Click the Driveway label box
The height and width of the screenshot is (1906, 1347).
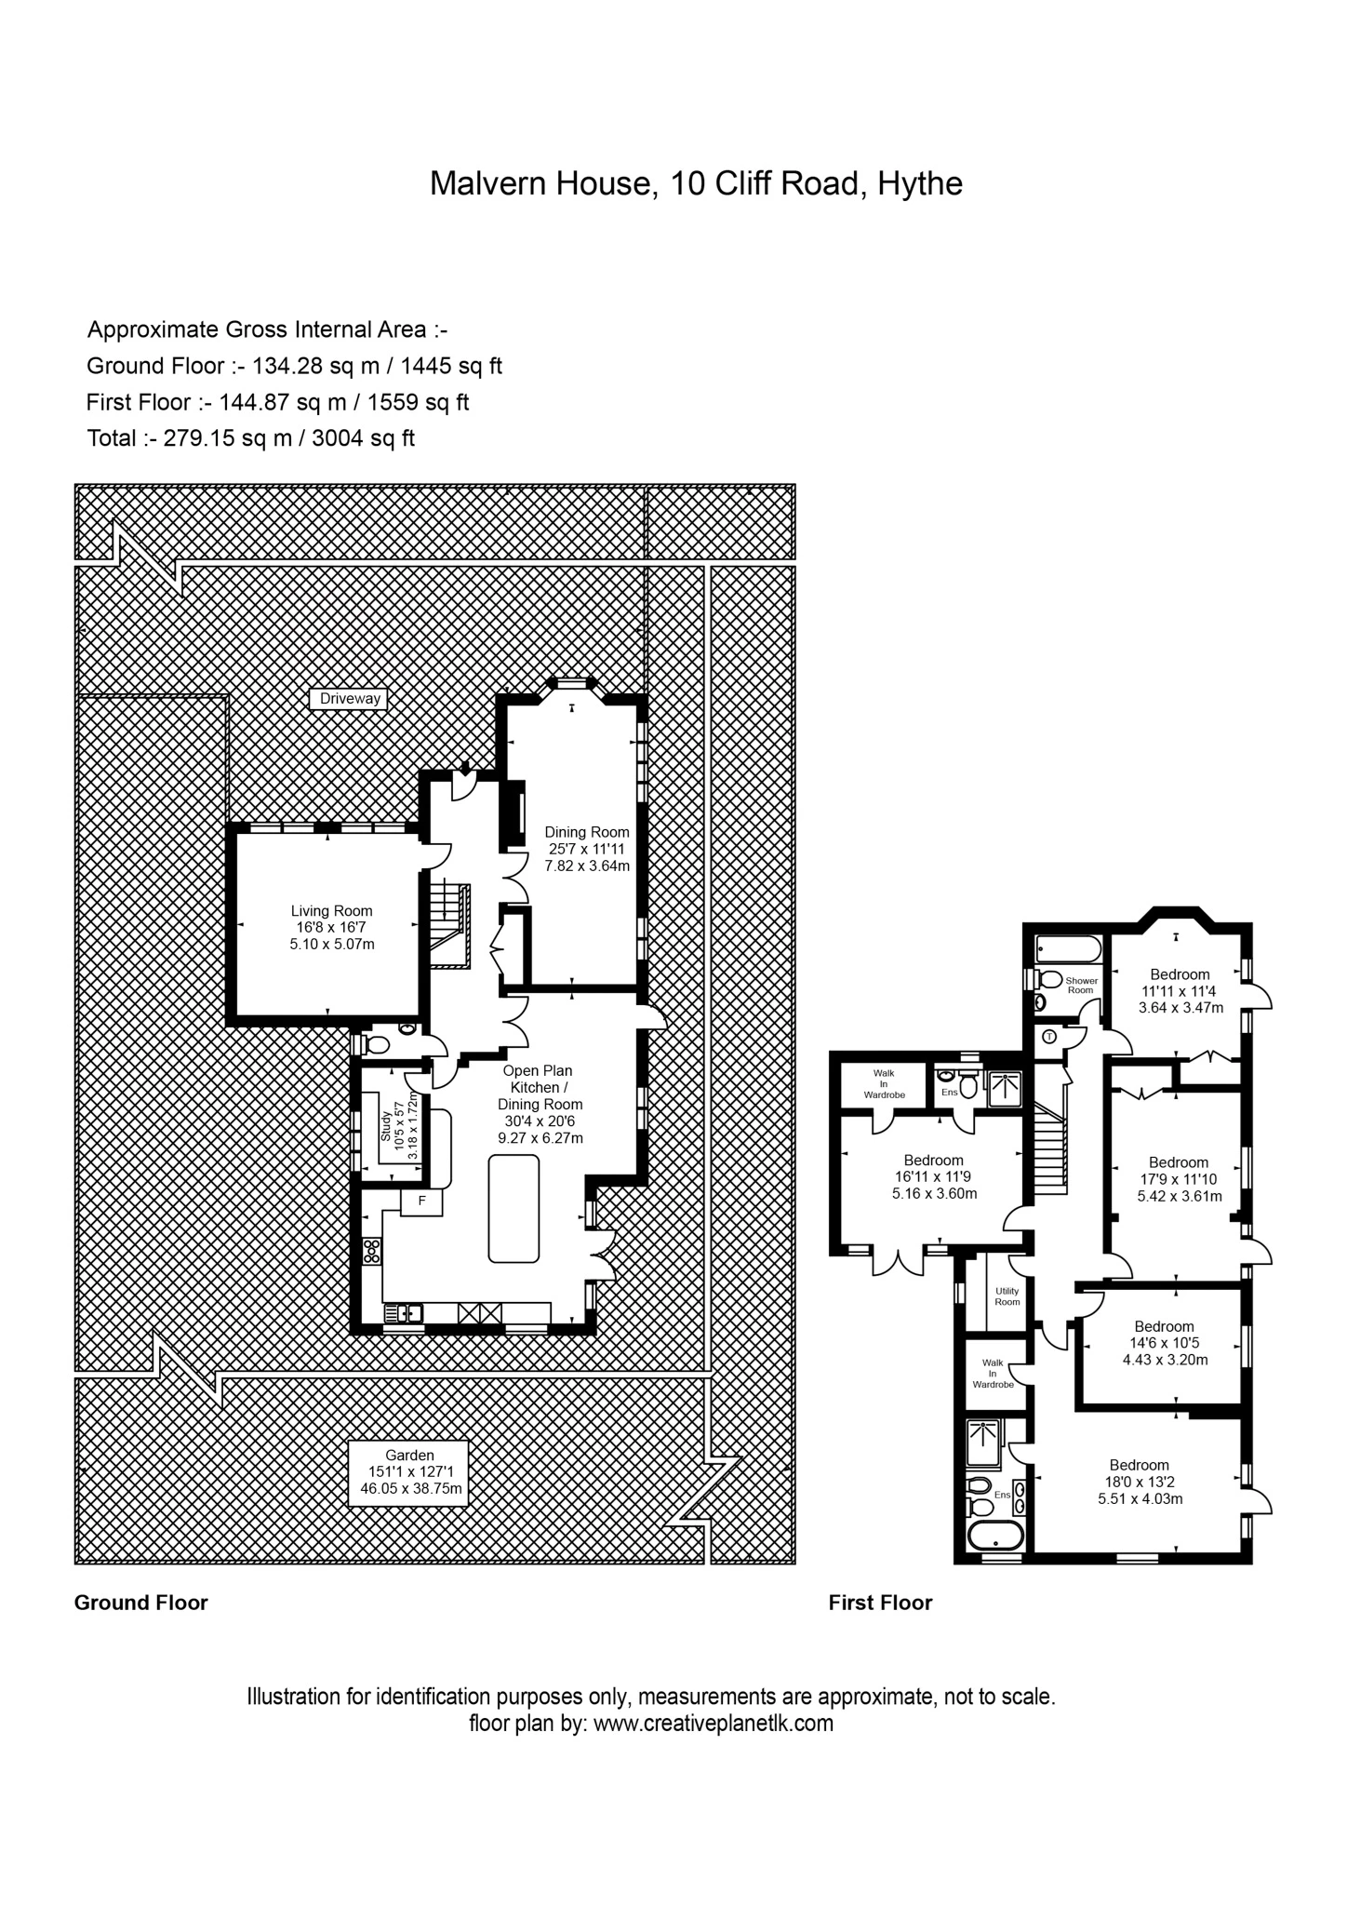[351, 698]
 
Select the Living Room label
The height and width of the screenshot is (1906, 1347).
[332, 927]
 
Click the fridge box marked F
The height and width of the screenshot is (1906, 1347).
[421, 1201]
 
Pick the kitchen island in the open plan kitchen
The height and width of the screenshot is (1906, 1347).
[513, 1208]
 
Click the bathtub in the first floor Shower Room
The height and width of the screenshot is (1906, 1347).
[1068, 949]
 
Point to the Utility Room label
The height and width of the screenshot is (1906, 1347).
[1007, 1295]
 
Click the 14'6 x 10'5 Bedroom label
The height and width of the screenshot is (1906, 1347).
[1164, 1343]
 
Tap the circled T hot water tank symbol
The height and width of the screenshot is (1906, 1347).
[1049, 1036]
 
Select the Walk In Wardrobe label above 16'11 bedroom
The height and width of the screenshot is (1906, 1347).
[884, 1083]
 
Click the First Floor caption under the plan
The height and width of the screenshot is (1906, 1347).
[880, 1603]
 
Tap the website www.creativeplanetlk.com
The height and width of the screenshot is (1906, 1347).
[713, 1723]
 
